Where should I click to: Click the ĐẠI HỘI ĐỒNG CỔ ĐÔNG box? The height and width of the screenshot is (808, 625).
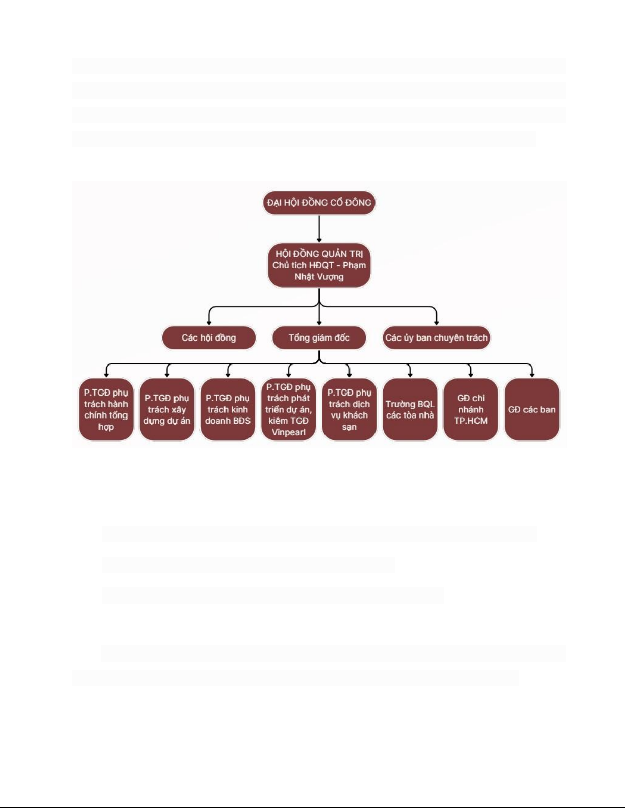(319, 203)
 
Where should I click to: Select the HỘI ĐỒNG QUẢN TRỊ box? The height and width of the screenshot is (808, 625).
(319, 265)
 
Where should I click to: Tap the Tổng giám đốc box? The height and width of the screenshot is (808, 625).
(319, 338)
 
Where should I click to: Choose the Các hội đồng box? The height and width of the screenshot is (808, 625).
(209, 338)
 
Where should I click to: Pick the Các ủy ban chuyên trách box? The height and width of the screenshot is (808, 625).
(436, 338)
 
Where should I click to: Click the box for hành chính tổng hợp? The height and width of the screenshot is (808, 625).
(106, 409)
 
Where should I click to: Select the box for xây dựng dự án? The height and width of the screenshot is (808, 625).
(167, 409)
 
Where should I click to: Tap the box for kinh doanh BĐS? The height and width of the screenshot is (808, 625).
(228, 409)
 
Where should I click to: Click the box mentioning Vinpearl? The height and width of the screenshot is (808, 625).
(288, 409)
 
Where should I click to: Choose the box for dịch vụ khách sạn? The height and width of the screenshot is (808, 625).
(349, 409)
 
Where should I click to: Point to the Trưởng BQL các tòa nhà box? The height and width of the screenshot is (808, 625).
(410, 409)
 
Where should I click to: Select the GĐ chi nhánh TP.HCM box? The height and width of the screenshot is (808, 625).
(470, 409)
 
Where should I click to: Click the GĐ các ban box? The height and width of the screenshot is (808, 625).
(532, 409)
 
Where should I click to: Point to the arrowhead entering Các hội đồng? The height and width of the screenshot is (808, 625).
(209, 323)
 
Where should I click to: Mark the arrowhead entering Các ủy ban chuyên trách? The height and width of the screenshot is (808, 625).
(436, 323)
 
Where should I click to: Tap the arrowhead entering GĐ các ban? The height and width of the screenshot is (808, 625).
(532, 375)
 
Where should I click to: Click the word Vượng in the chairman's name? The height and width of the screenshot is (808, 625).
(331, 277)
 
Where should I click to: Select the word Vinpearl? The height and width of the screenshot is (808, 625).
(288, 432)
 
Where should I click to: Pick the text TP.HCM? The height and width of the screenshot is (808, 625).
(470, 421)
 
